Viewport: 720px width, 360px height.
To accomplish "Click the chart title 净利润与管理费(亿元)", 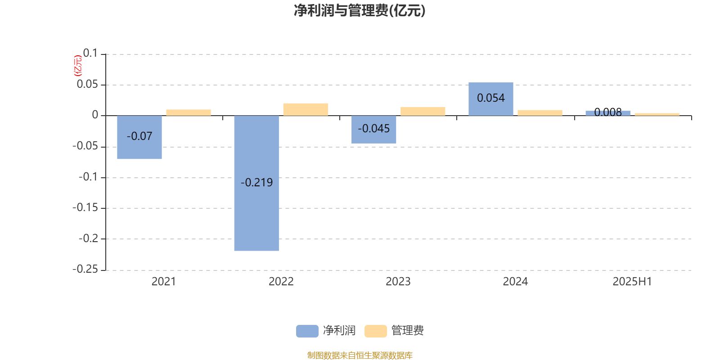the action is point(360,11).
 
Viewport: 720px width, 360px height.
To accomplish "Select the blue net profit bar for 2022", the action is point(256,183).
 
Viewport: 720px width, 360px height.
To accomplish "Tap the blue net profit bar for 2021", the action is point(139,137).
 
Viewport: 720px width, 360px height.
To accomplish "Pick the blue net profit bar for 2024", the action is point(491,99).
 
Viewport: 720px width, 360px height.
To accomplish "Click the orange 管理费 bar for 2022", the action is point(306,109).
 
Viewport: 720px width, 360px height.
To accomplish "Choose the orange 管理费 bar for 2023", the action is point(423,111).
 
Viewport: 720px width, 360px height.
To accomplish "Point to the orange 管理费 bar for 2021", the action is point(189,112).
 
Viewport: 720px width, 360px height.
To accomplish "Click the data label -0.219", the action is point(256,183).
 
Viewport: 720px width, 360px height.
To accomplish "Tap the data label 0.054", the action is point(491,98).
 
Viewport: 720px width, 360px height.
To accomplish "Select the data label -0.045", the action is point(374,129).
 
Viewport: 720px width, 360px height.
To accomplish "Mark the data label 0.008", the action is point(608,112).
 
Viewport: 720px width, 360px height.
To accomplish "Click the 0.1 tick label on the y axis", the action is point(90,53).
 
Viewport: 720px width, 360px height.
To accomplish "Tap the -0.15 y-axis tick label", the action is point(85,207).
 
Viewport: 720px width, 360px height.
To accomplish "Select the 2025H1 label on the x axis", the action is point(632,282).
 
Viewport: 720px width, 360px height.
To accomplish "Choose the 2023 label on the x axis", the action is point(398,282).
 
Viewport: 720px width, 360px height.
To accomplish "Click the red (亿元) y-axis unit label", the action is point(78,66).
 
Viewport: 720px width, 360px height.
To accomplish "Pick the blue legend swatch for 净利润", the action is point(307,331).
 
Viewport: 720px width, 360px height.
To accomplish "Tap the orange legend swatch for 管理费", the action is point(375,331).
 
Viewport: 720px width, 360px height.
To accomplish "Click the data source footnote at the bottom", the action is point(360,355).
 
